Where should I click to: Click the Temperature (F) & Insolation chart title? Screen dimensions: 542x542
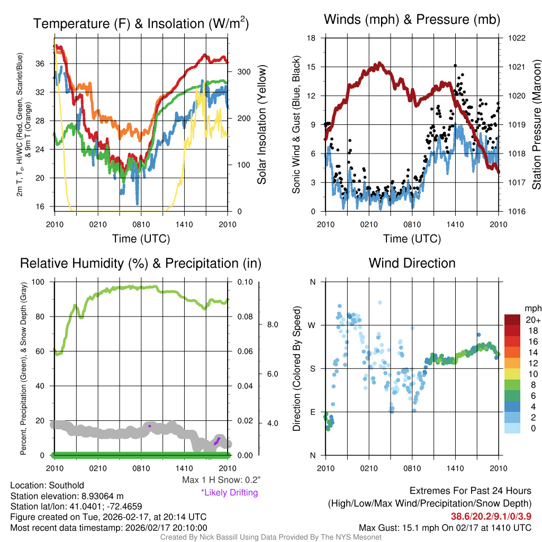tap(141, 24)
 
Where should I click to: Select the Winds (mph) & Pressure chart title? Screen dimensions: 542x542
tap(412, 20)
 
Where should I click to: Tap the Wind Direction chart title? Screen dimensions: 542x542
tap(412, 263)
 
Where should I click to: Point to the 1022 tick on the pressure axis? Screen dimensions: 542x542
tap(516, 38)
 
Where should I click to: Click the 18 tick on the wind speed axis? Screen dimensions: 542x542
tap(312, 38)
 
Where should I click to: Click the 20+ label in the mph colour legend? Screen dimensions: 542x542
tap(532, 320)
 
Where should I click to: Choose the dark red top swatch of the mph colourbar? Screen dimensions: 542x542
tap(512, 320)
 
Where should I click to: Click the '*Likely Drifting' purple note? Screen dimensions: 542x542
tap(229, 492)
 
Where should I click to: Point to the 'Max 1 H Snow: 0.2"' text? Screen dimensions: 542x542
tap(221, 480)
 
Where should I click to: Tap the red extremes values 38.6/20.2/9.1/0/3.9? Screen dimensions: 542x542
tap(491, 516)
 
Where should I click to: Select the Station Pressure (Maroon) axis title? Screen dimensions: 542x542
tap(536, 125)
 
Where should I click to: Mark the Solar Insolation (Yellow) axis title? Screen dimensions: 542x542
tap(261, 125)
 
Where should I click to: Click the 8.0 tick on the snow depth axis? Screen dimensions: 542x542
tap(272, 324)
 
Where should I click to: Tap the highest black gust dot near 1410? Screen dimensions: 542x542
tap(455, 66)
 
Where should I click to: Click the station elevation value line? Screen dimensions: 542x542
tap(67, 496)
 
